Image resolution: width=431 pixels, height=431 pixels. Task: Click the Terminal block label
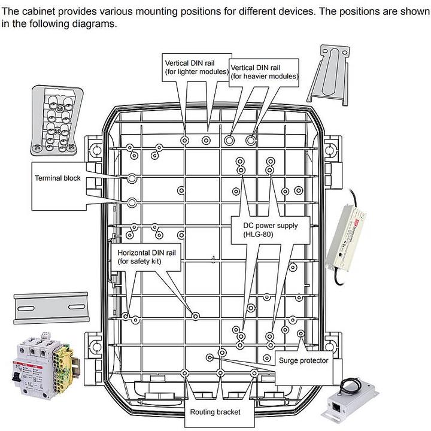point(57,178)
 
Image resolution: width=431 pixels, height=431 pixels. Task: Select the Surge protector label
point(303,360)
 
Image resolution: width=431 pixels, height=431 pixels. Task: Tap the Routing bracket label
point(215,412)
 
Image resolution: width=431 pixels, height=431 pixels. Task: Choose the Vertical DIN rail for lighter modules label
point(197,67)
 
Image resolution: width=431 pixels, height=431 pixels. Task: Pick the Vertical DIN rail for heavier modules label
point(264,72)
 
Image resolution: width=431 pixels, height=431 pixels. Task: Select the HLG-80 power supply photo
point(345,236)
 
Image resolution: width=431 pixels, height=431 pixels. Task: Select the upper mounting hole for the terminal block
point(132,178)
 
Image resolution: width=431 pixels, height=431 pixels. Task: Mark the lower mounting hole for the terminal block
point(132,203)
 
